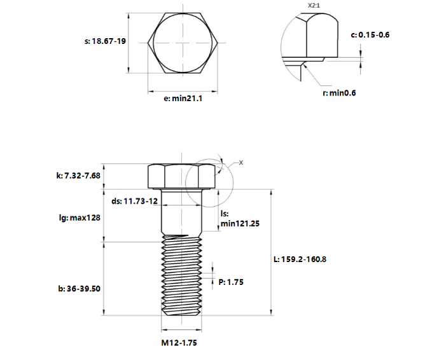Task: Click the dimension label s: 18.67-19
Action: (x=104, y=41)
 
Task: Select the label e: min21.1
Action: (x=183, y=98)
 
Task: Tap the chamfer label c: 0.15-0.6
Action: (x=370, y=34)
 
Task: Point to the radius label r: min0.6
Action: (x=338, y=93)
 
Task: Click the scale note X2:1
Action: (x=314, y=5)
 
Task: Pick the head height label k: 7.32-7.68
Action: (x=79, y=176)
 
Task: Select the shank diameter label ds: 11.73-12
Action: (x=134, y=201)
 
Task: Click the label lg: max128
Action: (x=79, y=218)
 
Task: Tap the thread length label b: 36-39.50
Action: (x=79, y=288)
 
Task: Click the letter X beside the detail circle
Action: (x=241, y=163)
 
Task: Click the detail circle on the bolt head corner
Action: (x=210, y=181)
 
